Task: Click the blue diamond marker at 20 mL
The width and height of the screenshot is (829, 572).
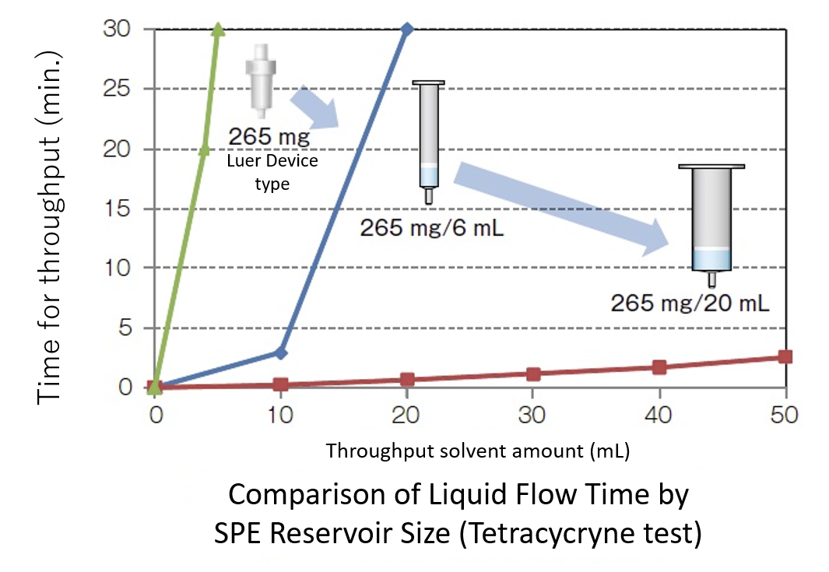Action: click(x=406, y=30)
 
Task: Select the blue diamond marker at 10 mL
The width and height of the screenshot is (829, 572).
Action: click(x=281, y=353)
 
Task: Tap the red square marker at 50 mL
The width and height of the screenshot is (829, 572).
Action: click(x=785, y=356)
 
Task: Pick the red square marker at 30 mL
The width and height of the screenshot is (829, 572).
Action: click(x=533, y=374)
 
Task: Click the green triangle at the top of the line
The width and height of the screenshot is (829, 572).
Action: click(x=219, y=30)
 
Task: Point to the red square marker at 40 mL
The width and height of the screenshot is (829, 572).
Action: click(x=659, y=367)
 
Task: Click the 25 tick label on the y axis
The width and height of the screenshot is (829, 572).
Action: click(x=116, y=89)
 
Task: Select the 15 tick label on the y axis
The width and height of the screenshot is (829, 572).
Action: click(x=116, y=209)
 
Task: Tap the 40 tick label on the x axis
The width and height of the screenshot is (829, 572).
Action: click(x=659, y=414)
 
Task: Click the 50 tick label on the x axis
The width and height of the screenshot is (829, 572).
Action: click(x=784, y=414)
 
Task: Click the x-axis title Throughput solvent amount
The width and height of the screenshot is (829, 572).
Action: click(x=477, y=451)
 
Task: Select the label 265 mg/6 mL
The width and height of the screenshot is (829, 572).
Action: click(x=427, y=229)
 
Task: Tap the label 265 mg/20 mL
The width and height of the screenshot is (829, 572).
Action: click(x=690, y=302)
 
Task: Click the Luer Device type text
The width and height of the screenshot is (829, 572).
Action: click(x=271, y=173)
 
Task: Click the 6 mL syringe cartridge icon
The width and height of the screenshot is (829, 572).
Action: click(x=428, y=140)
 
